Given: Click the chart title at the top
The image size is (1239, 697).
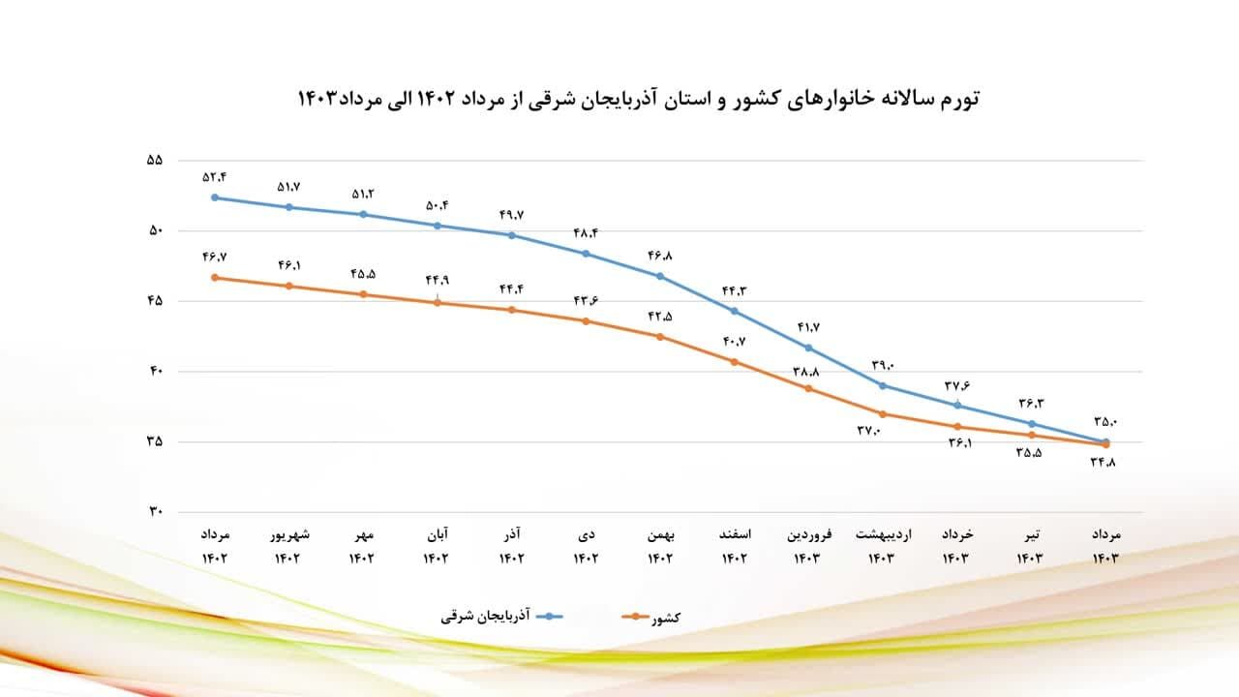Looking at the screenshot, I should (x=639, y=99).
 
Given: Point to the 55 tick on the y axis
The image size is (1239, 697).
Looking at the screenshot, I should (x=155, y=161).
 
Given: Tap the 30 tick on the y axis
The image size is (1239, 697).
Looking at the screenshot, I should (x=155, y=512).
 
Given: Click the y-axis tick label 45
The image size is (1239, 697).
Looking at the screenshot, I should (x=155, y=301).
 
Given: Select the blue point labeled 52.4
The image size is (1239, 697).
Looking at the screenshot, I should (x=215, y=197).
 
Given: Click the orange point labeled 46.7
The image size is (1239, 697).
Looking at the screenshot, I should (x=215, y=278).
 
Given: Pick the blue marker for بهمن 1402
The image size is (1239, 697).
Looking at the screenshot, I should (x=660, y=276).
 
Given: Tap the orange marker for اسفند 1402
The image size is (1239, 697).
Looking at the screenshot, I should (x=735, y=362).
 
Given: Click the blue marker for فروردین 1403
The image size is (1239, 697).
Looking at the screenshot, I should (x=809, y=348).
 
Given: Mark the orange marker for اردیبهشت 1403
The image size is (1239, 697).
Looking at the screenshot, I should (x=883, y=414).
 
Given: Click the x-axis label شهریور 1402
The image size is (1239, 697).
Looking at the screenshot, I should (x=289, y=546).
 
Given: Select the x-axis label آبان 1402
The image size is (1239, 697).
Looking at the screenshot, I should (x=438, y=546).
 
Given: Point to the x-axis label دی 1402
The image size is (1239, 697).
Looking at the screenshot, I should (x=587, y=546).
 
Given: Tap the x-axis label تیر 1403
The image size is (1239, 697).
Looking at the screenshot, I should (x=1032, y=546).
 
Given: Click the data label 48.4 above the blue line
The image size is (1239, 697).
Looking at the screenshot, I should (x=586, y=233).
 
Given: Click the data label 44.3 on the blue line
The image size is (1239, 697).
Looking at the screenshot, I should (x=735, y=290).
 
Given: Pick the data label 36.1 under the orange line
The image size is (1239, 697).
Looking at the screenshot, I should (x=959, y=443).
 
